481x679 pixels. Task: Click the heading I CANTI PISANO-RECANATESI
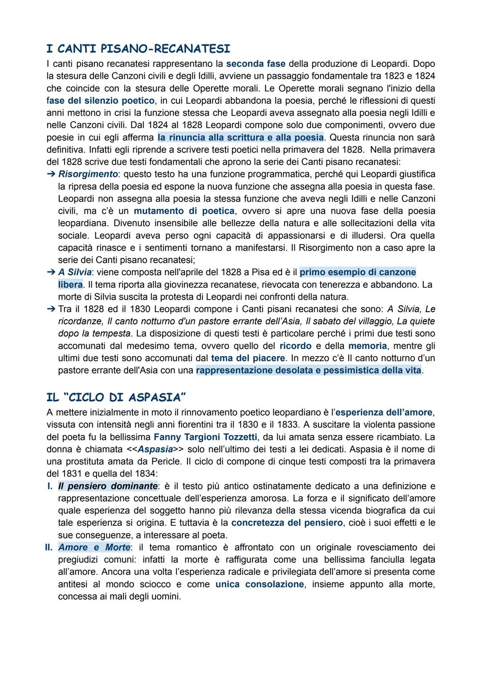(x=138, y=49)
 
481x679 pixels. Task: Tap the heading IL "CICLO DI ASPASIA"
(x=116, y=397)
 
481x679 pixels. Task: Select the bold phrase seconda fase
(x=256, y=64)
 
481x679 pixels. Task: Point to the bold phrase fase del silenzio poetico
(x=101, y=101)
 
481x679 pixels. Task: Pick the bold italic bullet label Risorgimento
(x=88, y=174)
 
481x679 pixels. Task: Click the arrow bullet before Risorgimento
(x=51, y=174)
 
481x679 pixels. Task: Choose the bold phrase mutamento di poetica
(x=184, y=211)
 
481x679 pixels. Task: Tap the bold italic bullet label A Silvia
(x=75, y=272)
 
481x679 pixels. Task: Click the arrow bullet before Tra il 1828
(x=51, y=309)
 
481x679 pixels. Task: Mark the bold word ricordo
(x=295, y=346)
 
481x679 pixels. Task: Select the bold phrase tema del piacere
(x=248, y=358)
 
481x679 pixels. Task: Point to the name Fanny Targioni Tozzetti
(x=205, y=437)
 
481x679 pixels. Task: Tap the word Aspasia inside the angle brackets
(x=155, y=450)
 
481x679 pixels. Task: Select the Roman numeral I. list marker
(x=50, y=486)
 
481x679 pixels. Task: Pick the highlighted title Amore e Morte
(x=94, y=547)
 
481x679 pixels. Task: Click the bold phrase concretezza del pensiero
(x=287, y=523)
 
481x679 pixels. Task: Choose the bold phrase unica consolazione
(x=260, y=584)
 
